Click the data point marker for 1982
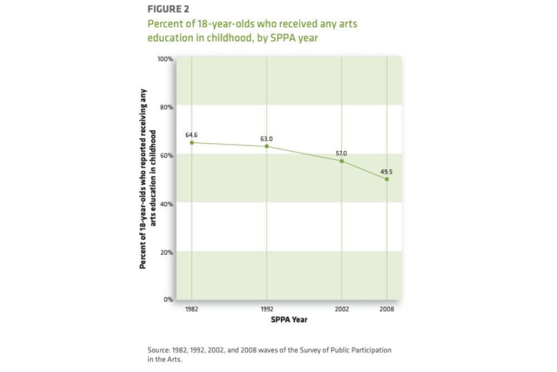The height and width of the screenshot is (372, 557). pos(192,142)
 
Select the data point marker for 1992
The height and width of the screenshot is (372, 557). pos(267,146)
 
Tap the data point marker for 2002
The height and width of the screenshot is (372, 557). pos(341,161)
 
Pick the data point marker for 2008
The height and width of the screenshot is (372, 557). pos(387,179)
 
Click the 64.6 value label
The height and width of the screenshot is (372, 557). pos(192,135)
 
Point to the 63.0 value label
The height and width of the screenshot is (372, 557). pos(266,138)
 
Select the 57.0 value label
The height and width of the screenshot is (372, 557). pos(341,153)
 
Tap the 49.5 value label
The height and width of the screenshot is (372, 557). pos(387,172)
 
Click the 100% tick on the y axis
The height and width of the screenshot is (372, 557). pos(165,59)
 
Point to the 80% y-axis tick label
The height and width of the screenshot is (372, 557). pos(167,107)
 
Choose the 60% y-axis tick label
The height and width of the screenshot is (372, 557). pos(167,155)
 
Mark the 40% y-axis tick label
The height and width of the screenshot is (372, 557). pos(167,204)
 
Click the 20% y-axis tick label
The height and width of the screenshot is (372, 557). pos(167,252)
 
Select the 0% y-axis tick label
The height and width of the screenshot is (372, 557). pos(168,299)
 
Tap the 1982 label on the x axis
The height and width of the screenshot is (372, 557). pos(192,309)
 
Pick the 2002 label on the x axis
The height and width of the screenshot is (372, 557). pos(341,309)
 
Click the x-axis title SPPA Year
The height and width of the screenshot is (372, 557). pos(289,320)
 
